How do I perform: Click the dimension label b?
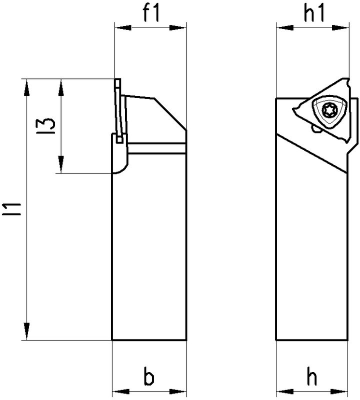(x=148, y=378)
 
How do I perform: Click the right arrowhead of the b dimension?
(x=180, y=392)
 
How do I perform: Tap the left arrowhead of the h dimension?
(x=282, y=392)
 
